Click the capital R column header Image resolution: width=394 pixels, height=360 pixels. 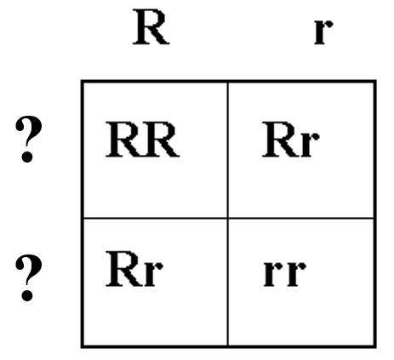point(151,27)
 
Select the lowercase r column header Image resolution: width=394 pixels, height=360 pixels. point(323,32)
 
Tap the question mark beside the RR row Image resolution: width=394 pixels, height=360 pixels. point(28,139)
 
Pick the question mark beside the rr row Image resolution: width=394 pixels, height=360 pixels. point(28,277)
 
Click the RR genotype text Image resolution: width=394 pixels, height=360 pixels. point(142,140)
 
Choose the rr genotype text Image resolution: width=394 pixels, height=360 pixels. point(284,273)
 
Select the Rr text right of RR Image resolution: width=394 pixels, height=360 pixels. point(291,140)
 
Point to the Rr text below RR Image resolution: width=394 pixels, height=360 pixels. point(134,269)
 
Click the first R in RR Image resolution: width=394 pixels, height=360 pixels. point(123,140)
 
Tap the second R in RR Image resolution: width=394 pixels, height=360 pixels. point(161,140)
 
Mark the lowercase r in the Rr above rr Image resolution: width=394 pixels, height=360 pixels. point(310,145)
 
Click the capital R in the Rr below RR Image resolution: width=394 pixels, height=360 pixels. point(124,269)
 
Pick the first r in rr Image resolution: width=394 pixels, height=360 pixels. point(273,273)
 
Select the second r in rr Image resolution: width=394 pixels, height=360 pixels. point(295,273)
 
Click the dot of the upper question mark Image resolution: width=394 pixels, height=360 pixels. point(27,157)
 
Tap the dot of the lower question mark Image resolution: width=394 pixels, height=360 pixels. point(27,295)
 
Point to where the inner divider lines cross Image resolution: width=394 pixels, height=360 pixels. point(227,218)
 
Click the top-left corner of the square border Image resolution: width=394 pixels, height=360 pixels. point(83,82)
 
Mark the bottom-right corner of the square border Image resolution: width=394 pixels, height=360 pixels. point(375,346)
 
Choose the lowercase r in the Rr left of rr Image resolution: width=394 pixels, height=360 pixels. point(153,273)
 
